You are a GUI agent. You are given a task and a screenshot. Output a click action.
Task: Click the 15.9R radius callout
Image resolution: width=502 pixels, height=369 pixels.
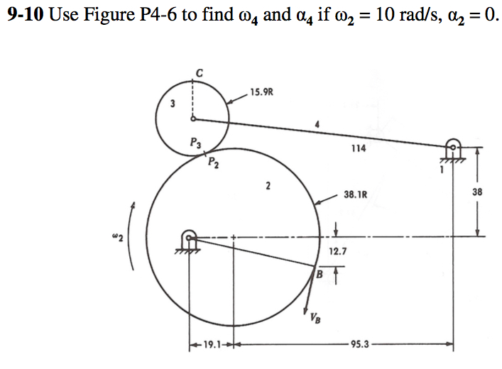(x=261, y=92)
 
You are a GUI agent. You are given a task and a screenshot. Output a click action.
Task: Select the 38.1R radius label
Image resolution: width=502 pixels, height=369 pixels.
(x=355, y=194)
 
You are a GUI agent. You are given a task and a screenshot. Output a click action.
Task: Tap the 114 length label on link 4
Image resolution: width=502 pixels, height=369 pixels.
(x=359, y=148)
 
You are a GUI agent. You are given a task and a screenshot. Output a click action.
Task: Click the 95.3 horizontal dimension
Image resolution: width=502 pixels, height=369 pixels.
(x=360, y=344)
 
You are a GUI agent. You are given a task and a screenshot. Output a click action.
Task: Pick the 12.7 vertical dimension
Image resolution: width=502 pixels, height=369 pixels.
(x=338, y=251)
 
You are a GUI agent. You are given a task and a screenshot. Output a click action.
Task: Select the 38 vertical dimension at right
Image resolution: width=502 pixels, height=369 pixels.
(x=476, y=192)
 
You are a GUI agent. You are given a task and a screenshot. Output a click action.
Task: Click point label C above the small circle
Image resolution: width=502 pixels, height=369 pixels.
(x=199, y=73)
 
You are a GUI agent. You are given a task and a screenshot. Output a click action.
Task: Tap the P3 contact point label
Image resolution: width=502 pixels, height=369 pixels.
(x=195, y=142)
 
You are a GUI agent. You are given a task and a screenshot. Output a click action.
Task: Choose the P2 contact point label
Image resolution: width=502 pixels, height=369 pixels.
(x=213, y=163)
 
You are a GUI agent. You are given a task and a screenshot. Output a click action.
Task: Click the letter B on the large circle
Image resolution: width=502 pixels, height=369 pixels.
(x=320, y=274)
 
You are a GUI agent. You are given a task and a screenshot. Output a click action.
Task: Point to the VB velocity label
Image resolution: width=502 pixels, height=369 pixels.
(x=315, y=318)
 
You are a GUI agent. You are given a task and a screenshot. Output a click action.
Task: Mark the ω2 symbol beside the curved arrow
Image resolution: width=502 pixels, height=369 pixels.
(x=117, y=238)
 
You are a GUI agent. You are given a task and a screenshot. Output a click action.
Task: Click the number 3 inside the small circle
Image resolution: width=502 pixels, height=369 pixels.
(x=173, y=104)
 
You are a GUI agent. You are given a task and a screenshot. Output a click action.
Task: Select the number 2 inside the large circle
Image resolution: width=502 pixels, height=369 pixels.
(x=268, y=186)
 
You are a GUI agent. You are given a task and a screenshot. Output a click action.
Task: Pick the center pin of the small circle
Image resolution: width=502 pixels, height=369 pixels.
(x=193, y=119)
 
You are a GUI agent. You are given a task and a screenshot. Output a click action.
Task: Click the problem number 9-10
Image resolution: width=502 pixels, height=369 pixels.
(x=26, y=15)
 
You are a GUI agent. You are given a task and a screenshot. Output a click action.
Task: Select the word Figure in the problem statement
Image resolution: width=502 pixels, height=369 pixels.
(x=109, y=16)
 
